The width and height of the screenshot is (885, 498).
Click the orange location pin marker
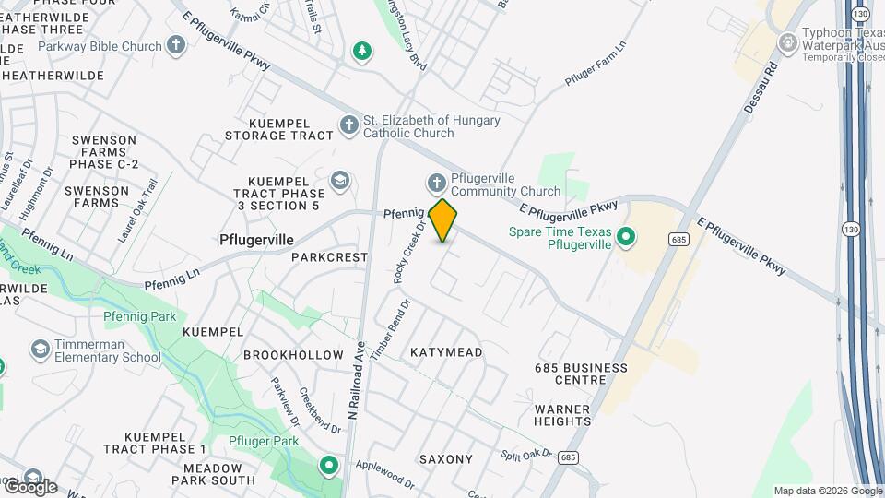coord(442,220)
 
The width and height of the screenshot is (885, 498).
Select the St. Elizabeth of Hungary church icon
coord(348,125)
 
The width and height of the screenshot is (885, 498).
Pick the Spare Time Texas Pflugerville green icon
coord(626,238)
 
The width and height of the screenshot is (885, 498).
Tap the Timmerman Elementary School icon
coord(40,350)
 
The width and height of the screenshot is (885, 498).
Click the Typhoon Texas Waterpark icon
coord(787,42)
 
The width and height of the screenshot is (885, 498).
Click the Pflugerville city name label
coord(257,240)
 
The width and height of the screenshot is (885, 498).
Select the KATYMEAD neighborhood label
coord(446,352)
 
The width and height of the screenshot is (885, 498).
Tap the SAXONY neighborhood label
coord(445,458)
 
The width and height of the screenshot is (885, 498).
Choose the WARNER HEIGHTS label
coord(562,414)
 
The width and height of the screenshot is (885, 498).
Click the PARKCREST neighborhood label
coord(329,257)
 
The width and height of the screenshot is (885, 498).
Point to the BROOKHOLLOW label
coord(293,355)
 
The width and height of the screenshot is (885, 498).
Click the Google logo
coord(29,485)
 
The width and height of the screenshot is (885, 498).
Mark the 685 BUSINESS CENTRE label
coord(581,374)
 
